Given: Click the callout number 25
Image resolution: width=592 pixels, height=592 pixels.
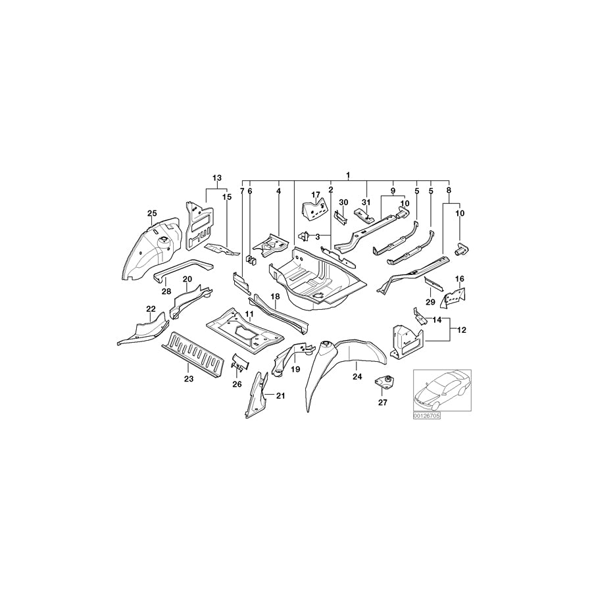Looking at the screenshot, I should tap(152, 213).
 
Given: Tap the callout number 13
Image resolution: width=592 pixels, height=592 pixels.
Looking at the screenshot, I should tap(217, 178).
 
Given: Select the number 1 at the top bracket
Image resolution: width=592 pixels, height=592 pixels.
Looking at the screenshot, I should tap(349, 174).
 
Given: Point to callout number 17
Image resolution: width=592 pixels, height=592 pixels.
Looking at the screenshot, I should tap(316, 195).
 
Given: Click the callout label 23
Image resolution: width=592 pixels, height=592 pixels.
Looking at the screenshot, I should tap(189, 380).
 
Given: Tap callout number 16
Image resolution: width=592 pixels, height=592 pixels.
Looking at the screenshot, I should tap(459, 279).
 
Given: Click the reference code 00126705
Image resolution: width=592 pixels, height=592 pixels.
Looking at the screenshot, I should tap(427, 416).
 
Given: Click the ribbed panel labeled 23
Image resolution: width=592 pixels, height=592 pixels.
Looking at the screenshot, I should tap(194, 355).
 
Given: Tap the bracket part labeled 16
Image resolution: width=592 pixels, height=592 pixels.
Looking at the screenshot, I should tap(455, 298).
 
